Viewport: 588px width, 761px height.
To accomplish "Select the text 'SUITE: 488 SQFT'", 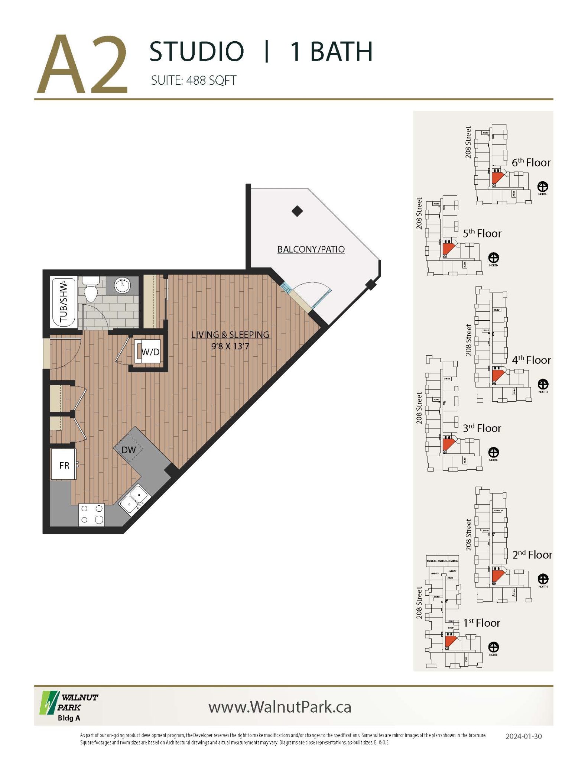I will tap(194, 80).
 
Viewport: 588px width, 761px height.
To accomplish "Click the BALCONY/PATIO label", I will tap(311, 249).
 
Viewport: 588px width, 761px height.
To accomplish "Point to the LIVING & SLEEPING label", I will tap(230, 335).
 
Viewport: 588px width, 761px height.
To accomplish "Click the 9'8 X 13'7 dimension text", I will tap(230, 346).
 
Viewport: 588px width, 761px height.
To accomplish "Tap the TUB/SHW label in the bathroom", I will tap(64, 302).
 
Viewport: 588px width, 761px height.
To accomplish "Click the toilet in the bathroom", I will tap(91, 290).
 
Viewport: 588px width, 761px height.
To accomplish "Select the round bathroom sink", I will tap(122, 285).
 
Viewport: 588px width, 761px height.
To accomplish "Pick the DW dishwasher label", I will tap(129, 450).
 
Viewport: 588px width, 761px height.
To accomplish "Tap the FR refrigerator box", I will tap(64, 465).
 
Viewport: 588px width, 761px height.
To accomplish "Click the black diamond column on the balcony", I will tap(297, 211).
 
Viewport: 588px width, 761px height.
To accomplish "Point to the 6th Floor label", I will tap(531, 162).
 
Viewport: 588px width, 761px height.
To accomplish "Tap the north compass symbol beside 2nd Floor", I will tap(543, 579).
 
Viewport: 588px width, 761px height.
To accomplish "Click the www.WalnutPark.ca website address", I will tap(280, 707).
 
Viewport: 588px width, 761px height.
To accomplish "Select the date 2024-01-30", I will tap(524, 736).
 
